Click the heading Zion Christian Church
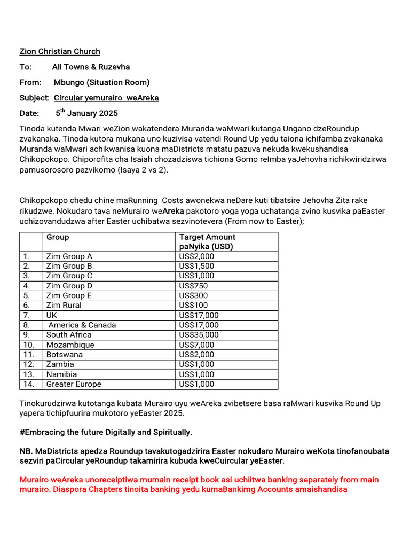(60, 52)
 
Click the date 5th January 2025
(86, 113)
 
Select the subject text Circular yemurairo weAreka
(106, 98)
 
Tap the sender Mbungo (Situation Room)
(101, 82)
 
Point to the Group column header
(58, 237)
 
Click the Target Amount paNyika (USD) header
(207, 241)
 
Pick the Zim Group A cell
(69, 256)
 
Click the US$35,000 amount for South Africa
(199, 335)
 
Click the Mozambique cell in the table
(70, 345)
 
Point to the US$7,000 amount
(196, 345)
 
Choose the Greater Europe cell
(74, 384)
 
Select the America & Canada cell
(82, 325)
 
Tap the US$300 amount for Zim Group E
(193, 295)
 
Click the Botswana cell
(65, 355)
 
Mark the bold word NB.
(26, 451)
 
